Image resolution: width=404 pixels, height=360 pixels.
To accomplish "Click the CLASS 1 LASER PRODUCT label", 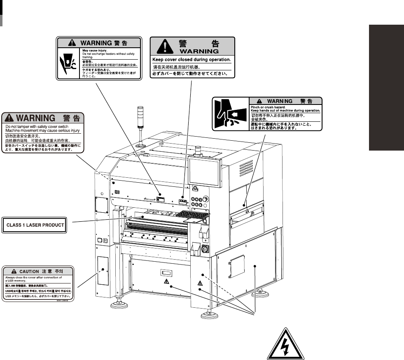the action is [35, 225].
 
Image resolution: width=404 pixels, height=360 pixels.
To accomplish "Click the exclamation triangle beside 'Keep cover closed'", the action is [165, 46].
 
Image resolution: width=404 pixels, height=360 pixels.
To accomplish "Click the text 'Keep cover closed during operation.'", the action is [191, 60].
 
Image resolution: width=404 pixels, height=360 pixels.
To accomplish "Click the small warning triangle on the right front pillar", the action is [200, 283].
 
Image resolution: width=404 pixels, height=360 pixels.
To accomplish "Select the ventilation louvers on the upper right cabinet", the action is [246, 167].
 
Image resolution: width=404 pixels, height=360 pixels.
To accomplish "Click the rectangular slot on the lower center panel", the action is [166, 273].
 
